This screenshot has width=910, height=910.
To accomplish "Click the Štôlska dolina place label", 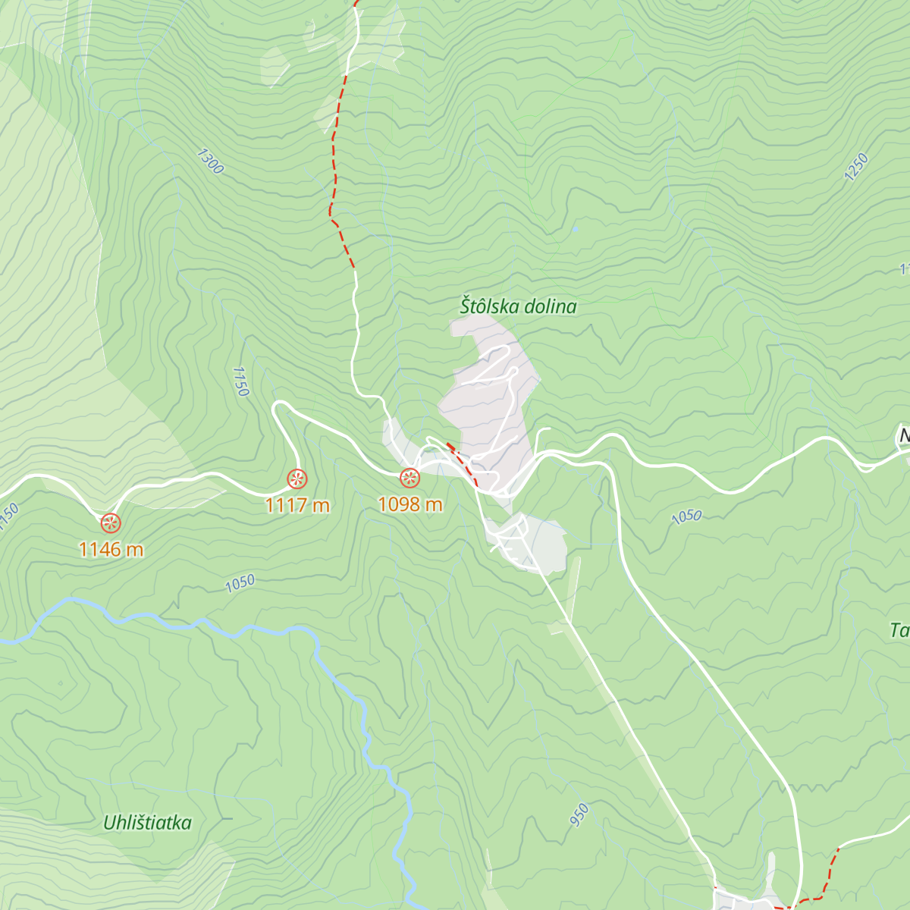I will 518,306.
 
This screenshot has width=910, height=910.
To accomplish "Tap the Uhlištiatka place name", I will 147,823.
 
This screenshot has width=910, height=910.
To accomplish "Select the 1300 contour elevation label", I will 209,162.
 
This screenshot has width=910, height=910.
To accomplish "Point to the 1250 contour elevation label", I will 855,167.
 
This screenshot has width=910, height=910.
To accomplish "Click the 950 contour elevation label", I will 580,814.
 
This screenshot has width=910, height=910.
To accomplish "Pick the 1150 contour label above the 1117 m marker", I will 240,381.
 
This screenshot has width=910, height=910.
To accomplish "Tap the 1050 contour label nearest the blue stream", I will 240,583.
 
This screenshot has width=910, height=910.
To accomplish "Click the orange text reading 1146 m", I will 111,550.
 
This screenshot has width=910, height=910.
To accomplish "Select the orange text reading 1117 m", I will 297,505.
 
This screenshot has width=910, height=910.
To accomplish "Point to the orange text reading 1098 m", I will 409,505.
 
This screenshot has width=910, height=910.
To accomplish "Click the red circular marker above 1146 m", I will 111,522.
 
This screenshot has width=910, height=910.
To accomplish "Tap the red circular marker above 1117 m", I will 297,479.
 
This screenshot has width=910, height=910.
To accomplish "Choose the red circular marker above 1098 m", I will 409,478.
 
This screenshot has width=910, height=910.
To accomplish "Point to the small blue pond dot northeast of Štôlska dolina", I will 575,227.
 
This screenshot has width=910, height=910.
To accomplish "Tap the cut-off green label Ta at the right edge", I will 899,630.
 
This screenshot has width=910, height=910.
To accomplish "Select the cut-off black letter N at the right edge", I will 903,436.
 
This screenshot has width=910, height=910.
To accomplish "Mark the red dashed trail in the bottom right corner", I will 830,872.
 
